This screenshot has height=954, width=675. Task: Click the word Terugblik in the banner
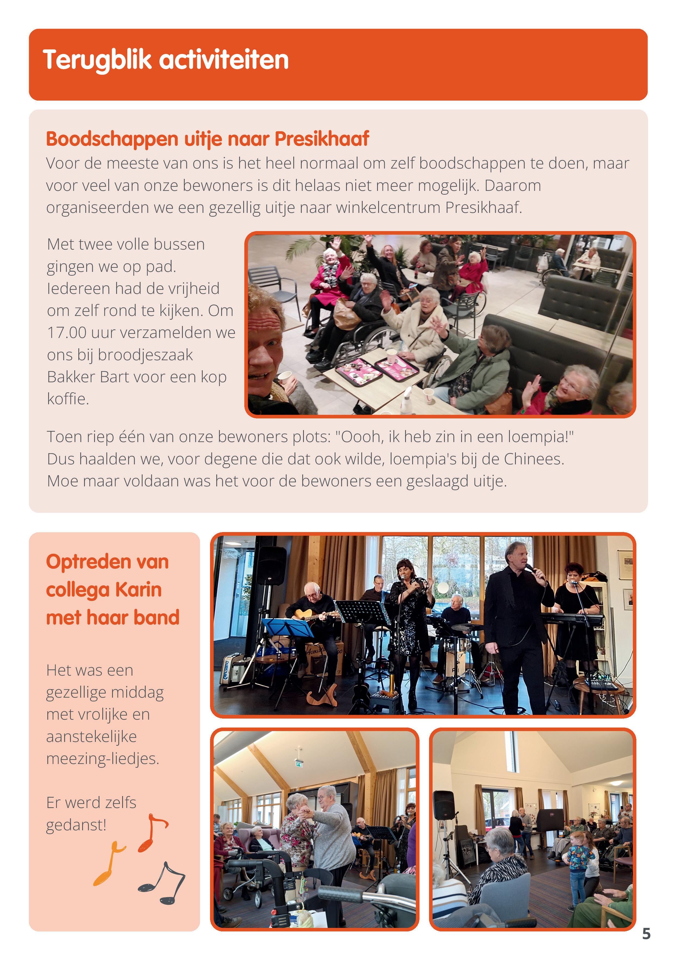[x=97, y=60]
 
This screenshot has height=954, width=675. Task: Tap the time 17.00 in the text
[x=67, y=333]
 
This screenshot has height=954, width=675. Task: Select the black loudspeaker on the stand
[x=443, y=805]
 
